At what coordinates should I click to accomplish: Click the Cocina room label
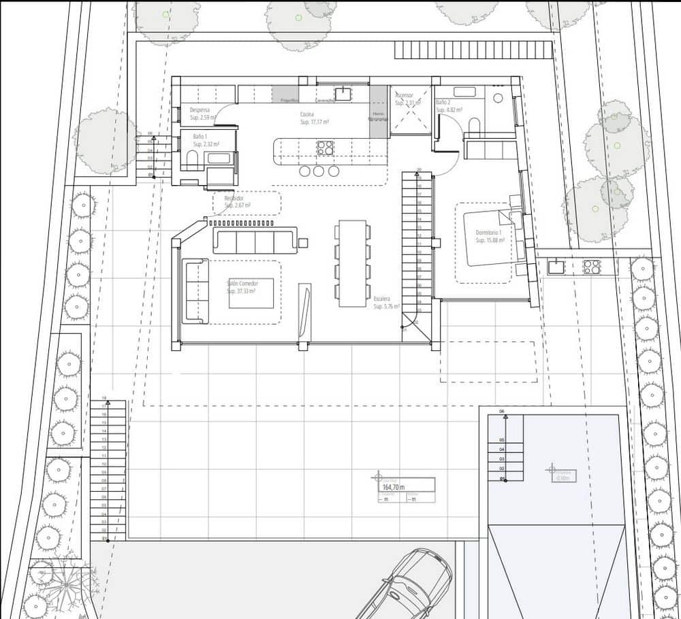click(307, 114)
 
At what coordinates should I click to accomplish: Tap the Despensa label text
click(200, 110)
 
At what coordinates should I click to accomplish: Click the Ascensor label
click(404, 95)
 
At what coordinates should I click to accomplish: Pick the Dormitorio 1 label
click(490, 233)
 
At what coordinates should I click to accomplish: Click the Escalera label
click(381, 299)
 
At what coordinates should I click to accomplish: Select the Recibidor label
click(234, 199)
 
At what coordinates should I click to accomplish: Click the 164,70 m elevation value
click(394, 487)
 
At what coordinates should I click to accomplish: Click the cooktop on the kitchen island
click(325, 148)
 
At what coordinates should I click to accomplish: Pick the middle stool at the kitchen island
click(319, 171)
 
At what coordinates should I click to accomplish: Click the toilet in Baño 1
click(191, 161)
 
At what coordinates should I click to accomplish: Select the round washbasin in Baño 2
click(498, 98)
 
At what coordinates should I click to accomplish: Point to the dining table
click(352, 262)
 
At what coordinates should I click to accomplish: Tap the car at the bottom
click(409, 585)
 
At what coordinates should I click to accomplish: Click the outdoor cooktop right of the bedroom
click(592, 266)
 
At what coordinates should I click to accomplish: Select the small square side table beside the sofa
click(303, 243)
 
